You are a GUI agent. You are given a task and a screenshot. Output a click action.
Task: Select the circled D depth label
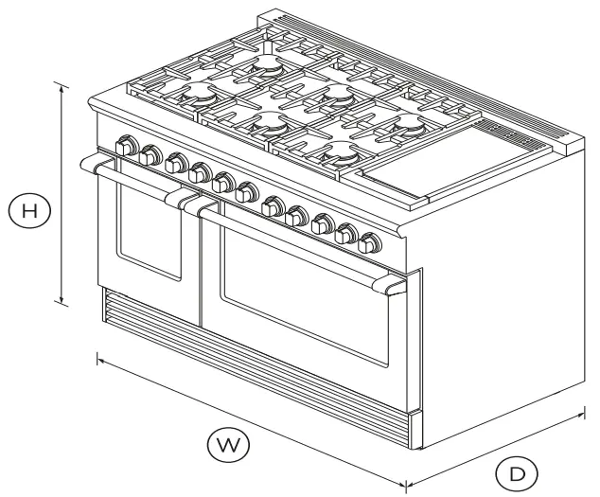[x=518, y=470]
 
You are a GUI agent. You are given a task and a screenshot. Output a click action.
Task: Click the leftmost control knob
[x=124, y=147]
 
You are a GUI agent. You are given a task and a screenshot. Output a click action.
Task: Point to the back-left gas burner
[x=266, y=66]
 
